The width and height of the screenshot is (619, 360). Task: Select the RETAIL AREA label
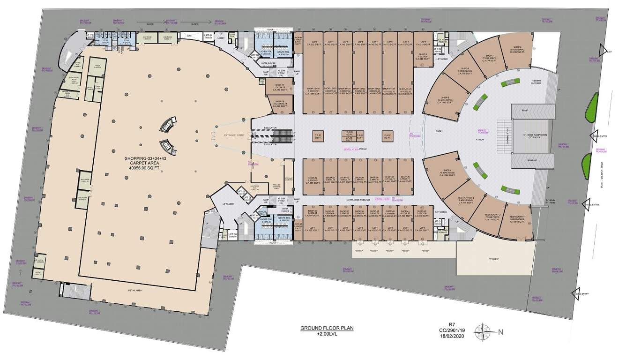135,291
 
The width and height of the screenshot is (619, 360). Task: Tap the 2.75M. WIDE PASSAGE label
358,200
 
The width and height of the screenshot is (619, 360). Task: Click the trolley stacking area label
276,186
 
